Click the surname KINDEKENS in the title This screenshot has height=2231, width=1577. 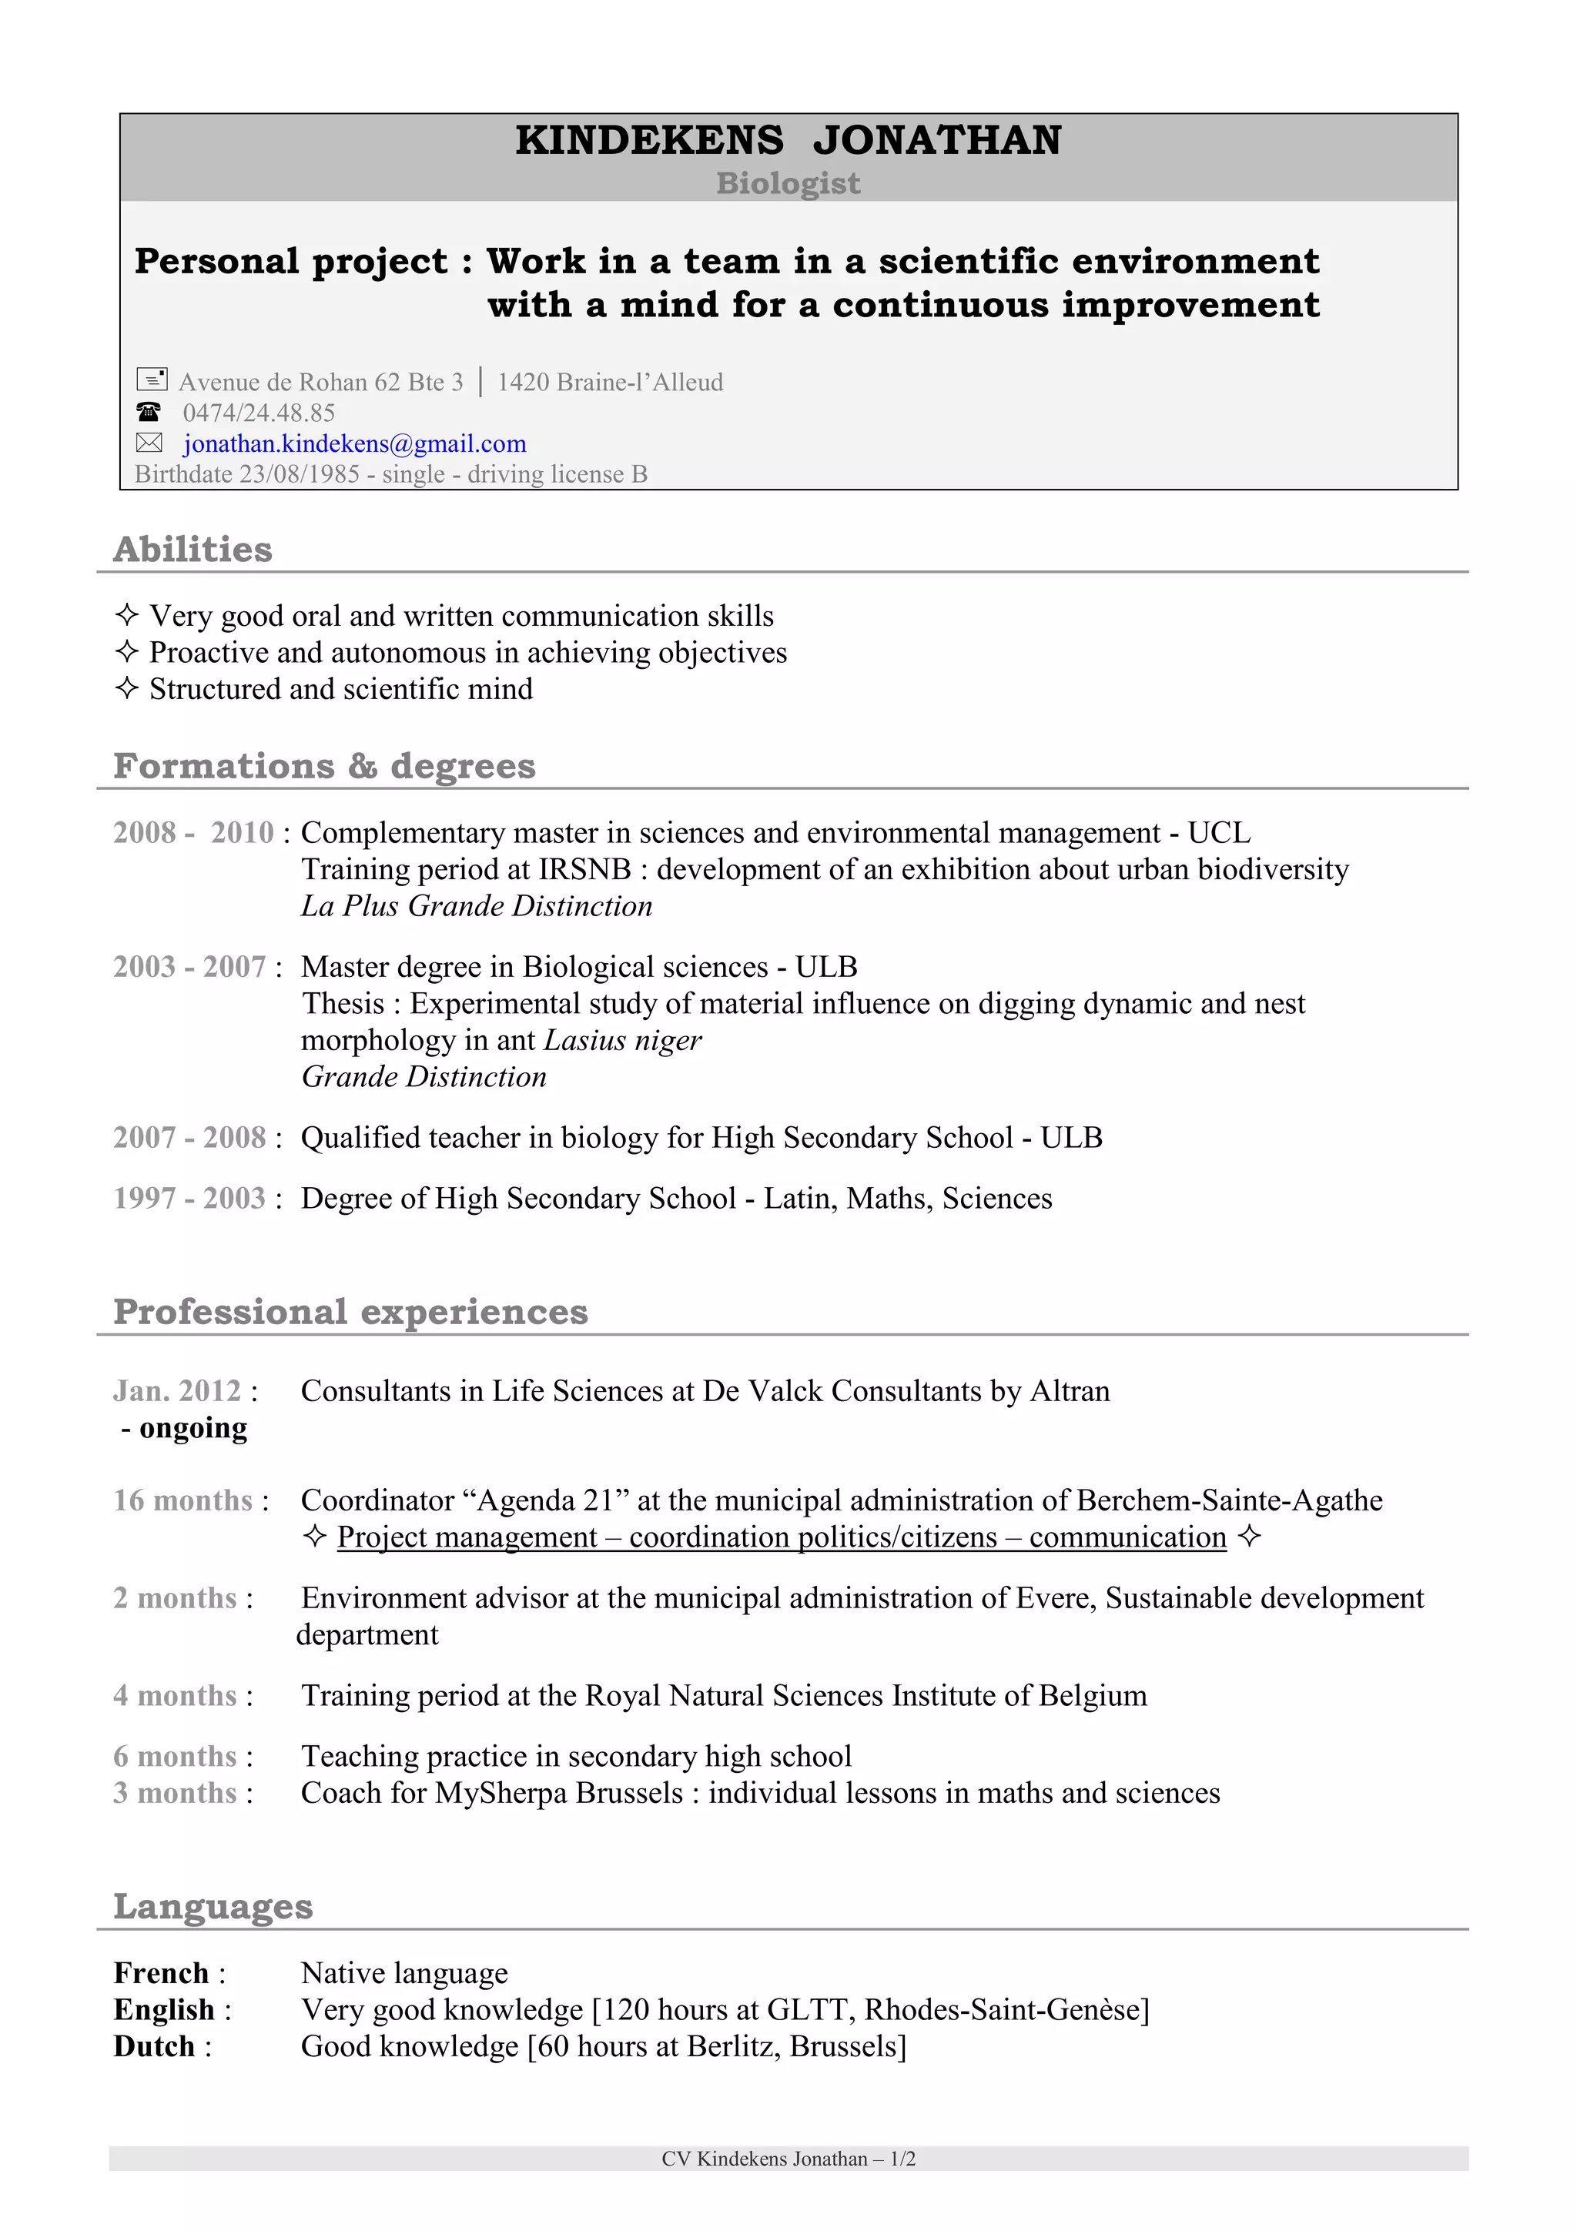[x=649, y=141]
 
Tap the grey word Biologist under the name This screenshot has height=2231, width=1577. [x=788, y=184]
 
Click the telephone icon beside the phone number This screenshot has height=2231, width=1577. [x=148, y=412]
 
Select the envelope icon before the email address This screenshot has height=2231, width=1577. [x=149, y=444]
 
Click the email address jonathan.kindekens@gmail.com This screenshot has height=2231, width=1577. [x=355, y=444]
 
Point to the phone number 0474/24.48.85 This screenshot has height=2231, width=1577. [x=259, y=413]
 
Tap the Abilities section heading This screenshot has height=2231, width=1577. [x=193, y=550]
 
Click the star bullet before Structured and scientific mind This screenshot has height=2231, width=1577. [x=126, y=689]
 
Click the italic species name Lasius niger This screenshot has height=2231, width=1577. [x=622, y=1041]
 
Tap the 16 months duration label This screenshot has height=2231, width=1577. [x=182, y=1501]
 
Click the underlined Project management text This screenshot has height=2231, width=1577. [x=467, y=1538]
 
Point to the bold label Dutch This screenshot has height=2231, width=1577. [x=153, y=2047]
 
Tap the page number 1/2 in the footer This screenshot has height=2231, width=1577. [x=902, y=2159]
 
